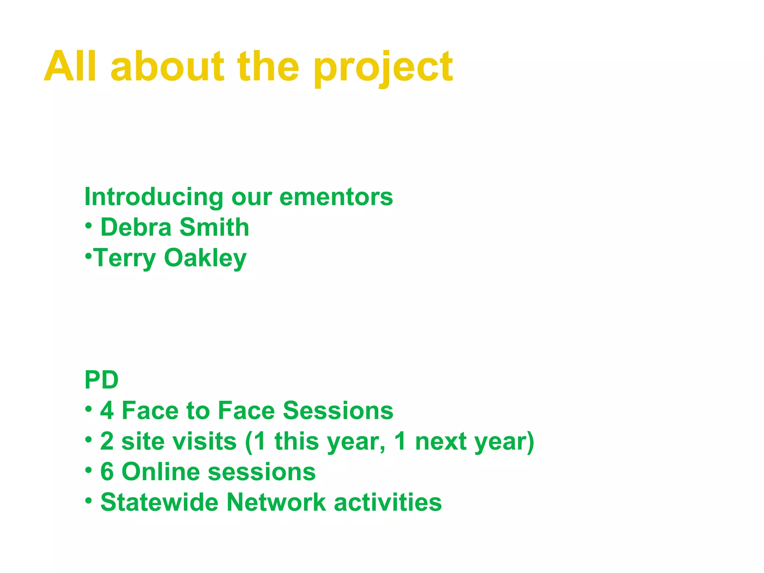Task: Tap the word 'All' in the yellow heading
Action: pos(71,66)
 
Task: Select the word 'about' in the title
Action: pos(167,66)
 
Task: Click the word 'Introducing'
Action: pos(154,197)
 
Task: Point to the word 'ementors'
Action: pos(336,197)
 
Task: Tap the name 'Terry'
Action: pos(125,258)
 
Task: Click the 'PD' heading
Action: pos(101,380)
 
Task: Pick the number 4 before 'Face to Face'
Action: pos(107,411)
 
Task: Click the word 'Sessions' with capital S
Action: pos(338,411)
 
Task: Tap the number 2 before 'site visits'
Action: pos(107,441)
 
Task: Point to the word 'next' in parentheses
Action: pos(441,441)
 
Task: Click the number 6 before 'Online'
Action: pos(107,472)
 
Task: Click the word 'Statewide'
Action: pos(159,502)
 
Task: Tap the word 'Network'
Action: pos(276,502)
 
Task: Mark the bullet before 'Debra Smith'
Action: pos(88,225)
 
